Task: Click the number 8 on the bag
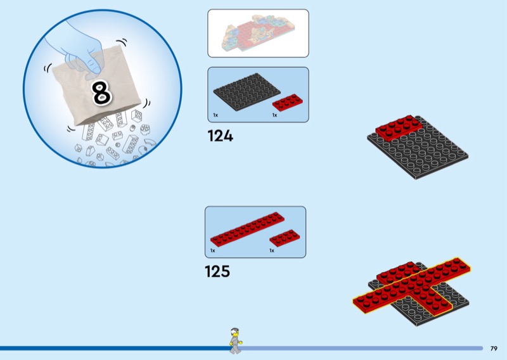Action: [102, 93]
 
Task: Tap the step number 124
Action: [220, 136]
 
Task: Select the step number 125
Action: [217, 271]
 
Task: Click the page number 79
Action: [494, 349]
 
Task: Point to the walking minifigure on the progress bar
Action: [236, 340]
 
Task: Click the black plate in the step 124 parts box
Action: [247, 92]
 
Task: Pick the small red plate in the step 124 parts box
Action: [288, 102]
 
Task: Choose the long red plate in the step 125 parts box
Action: [247, 229]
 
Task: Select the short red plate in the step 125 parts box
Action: [285, 238]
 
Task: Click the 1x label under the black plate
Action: [215, 115]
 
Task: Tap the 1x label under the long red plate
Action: [213, 251]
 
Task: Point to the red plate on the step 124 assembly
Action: [399, 128]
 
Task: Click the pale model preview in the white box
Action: [258, 34]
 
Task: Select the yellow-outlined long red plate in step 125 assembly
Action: [411, 285]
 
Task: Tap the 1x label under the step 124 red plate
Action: [275, 115]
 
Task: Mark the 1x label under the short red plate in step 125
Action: [272, 251]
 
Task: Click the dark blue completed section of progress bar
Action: [115, 349]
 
